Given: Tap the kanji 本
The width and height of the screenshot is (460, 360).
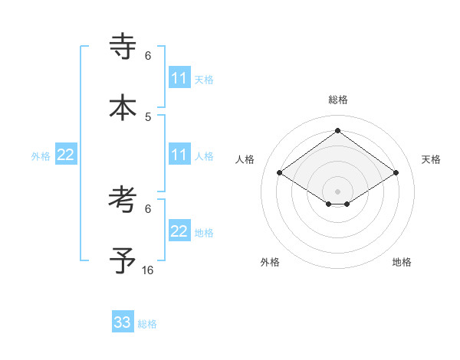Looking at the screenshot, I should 123,108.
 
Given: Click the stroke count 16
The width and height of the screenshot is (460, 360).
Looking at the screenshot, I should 148,270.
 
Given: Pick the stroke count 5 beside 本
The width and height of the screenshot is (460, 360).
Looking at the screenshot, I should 148,116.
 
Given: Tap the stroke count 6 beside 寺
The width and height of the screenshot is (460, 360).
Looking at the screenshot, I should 148,55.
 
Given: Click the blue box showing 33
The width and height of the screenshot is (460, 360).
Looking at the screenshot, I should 123,322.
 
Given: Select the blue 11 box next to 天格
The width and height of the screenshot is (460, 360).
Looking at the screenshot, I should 179,78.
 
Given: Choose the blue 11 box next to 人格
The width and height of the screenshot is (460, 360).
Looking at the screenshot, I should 179,155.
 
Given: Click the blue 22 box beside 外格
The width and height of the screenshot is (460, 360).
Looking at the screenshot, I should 66,155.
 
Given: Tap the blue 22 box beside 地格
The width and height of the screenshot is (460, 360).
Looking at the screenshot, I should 179,231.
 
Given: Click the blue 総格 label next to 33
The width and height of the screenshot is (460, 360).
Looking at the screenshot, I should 148,324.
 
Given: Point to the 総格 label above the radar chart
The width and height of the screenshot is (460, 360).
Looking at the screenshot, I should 338,100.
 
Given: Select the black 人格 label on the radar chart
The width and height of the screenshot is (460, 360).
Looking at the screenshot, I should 245,159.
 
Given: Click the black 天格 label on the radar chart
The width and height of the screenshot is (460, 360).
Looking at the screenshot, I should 431,159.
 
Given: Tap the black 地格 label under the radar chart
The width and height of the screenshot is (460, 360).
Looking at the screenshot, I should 402,262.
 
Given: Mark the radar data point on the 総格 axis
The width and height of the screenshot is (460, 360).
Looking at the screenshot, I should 338,131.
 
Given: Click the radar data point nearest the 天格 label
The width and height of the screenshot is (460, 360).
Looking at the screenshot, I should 396,173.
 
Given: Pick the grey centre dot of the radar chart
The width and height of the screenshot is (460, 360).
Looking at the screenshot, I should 338,191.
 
